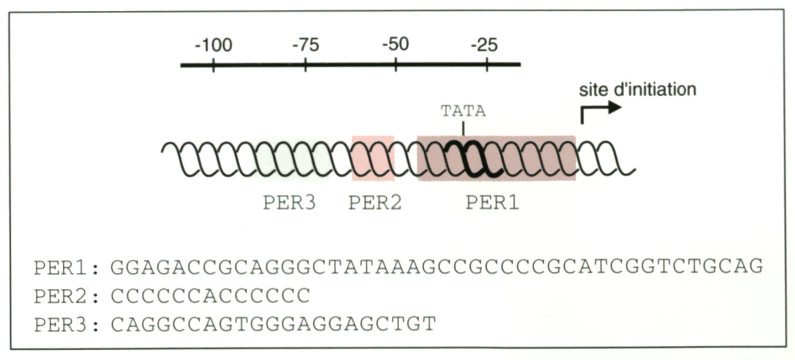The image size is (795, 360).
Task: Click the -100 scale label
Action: click(213, 45)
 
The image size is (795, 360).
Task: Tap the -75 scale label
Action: click(305, 45)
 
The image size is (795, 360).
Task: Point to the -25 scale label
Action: click(485, 45)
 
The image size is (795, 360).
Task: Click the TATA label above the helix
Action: click(463, 111)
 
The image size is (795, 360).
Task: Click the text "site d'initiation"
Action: click(637, 90)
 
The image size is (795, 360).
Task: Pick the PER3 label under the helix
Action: click(289, 203)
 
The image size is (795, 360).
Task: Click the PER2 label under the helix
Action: click(375, 203)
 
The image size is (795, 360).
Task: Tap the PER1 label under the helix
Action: click(493, 203)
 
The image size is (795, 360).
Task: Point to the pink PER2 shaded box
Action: click(373, 158)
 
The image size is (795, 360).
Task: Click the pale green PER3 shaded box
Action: click(293, 158)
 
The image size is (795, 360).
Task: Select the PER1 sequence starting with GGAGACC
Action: click(436, 267)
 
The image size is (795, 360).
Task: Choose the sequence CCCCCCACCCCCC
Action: click(210, 296)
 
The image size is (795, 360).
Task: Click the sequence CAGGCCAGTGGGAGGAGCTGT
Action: click(273, 324)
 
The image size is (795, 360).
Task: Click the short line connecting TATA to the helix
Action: click(463, 128)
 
